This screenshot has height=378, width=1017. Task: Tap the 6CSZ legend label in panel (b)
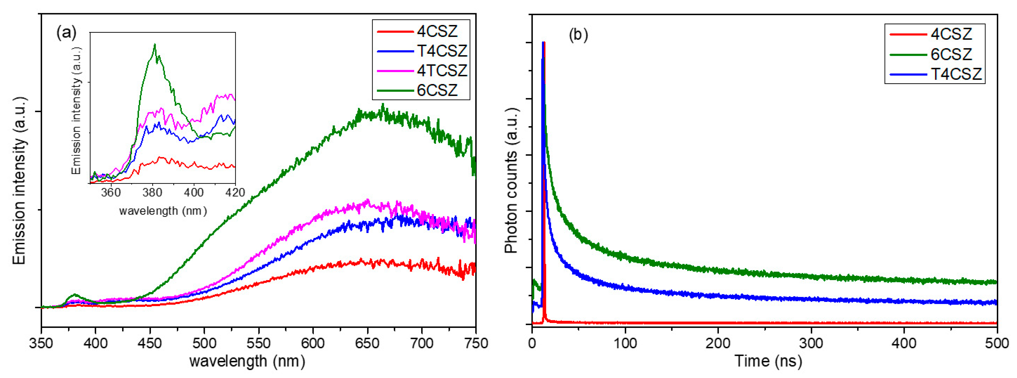(951, 54)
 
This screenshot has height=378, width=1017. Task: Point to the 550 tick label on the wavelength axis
(259, 343)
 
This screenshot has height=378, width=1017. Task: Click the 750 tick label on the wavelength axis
(475, 343)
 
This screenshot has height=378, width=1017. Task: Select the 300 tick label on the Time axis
(811, 343)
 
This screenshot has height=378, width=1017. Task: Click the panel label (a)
(66, 32)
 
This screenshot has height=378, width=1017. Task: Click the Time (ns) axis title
(768, 361)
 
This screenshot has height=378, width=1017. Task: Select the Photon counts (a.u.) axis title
(512, 180)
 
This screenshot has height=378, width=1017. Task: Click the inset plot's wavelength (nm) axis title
(163, 211)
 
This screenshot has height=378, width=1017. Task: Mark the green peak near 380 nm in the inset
(155, 45)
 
